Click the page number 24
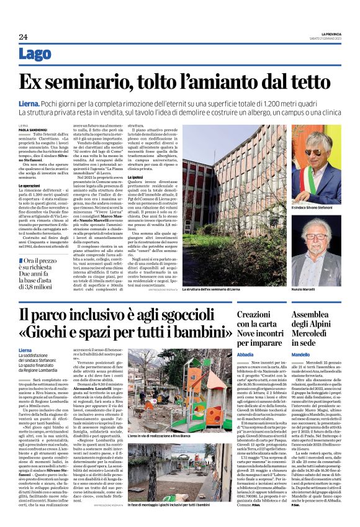(x=22, y=37)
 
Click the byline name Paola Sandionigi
(x=32, y=128)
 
